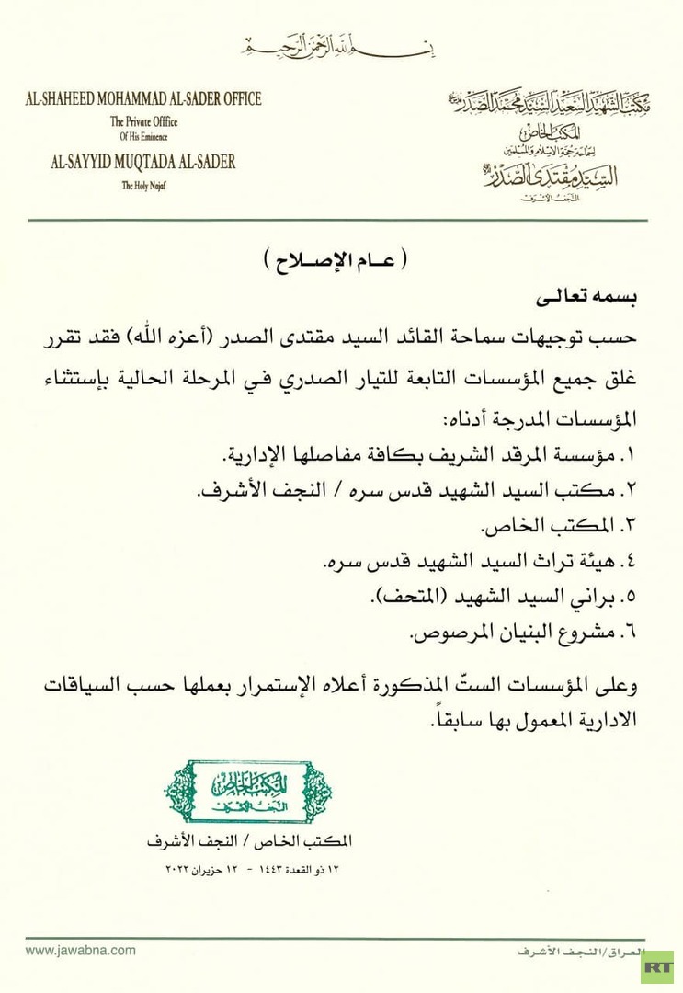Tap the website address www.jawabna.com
pyautogui.click(x=80, y=951)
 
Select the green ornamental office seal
pyautogui.click(x=248, y=792)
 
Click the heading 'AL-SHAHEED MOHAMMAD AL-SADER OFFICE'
pyautogui.click(x=143, y=99)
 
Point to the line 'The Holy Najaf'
pyautogui.click(x=143, y=185)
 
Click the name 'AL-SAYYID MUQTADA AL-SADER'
pyautogui.click(x=143, y=163)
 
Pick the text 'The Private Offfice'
pyautogui.click(x=143, y=121)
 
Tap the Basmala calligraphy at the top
pyautogui.click(x=341, y=44)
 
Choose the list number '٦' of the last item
pyautogui.click(x=631, y=633)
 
